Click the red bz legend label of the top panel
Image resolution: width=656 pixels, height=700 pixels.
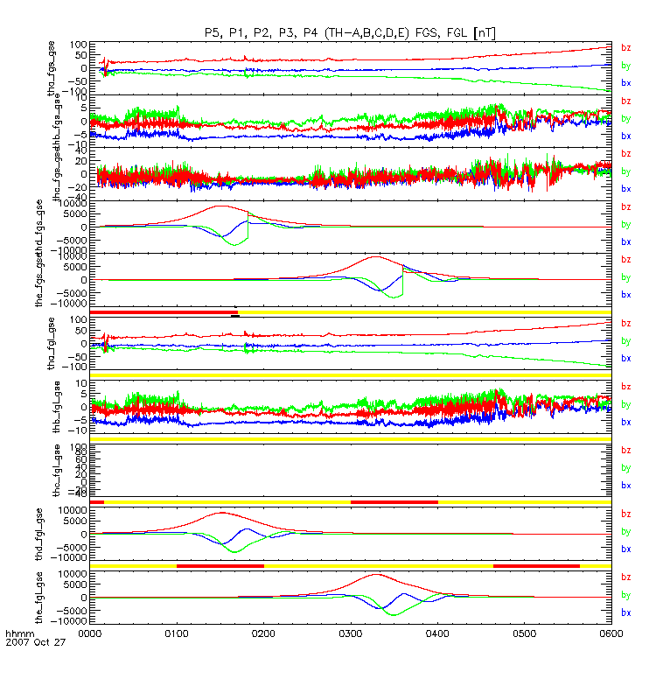(x=626, y=47)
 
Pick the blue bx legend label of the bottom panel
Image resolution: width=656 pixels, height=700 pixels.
(x=626, y=612)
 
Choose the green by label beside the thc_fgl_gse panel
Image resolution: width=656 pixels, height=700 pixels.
(x=626, y=468)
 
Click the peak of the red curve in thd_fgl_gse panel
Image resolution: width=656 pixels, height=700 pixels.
(x=222, y=513)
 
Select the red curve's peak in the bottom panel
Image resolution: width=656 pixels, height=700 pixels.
(x=376, y=575)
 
